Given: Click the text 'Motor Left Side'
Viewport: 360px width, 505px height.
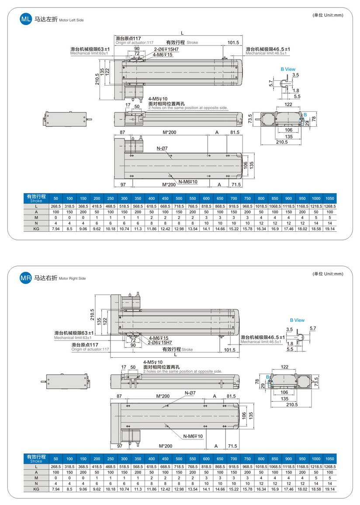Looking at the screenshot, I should coord(71,20).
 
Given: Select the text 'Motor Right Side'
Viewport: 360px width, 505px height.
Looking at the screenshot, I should coord(72,279).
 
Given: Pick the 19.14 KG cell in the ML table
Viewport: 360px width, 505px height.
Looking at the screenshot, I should coord(330,229).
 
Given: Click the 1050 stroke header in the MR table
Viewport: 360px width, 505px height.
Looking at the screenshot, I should coord(330,459).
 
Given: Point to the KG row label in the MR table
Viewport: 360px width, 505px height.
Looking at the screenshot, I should coord(37,489).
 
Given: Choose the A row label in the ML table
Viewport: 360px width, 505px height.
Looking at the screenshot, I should coord(37,212).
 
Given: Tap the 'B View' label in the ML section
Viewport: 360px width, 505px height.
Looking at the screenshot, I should coord(288,69).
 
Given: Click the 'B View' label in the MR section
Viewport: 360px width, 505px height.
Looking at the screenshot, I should coord(297,320).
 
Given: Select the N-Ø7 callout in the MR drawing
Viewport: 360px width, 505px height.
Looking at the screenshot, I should coord(190,393).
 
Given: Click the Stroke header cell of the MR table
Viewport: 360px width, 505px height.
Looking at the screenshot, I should coord(37,459).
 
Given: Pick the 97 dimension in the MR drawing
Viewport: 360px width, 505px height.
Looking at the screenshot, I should coord(120,446).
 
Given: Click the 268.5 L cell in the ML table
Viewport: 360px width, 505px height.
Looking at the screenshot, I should coord(55,206).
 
